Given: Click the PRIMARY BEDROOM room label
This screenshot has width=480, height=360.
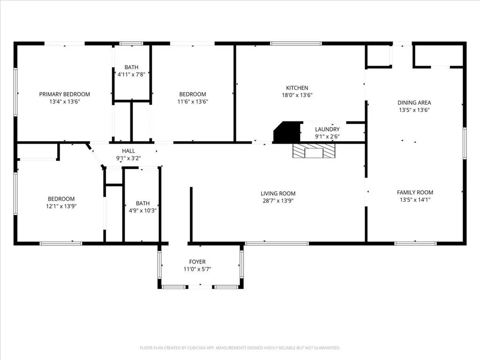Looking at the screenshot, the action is [65, 94].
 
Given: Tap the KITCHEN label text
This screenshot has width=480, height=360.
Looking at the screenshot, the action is [297, 88].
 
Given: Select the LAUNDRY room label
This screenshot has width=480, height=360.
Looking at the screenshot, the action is [327, 129].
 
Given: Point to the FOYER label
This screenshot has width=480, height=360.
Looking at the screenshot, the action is [197, 262].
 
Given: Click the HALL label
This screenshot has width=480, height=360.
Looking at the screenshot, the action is [128, 151].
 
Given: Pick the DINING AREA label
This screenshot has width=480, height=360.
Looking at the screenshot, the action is [414, 103].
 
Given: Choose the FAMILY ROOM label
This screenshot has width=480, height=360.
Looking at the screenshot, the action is [415, 193].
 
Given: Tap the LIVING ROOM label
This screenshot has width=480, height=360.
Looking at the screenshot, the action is [278, 194].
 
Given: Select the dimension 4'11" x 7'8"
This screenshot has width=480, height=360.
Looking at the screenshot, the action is [131, 75].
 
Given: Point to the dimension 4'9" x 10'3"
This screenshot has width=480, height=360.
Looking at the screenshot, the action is [142, 210].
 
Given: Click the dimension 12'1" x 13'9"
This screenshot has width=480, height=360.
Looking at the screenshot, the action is [61, 206].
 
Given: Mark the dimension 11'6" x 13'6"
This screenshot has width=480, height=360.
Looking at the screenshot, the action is [193, 102].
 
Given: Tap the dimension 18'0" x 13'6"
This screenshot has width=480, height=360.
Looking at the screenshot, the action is [297, 95].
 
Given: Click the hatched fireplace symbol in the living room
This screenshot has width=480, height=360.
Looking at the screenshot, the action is [314, 151].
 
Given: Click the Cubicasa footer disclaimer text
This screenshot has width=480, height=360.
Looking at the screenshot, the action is [240, 348].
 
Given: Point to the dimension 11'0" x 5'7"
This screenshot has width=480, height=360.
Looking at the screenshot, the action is [197, 270].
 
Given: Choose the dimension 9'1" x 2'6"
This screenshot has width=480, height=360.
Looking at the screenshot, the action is [327, 136].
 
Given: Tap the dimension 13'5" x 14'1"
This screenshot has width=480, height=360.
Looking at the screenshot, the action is [415, 200].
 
